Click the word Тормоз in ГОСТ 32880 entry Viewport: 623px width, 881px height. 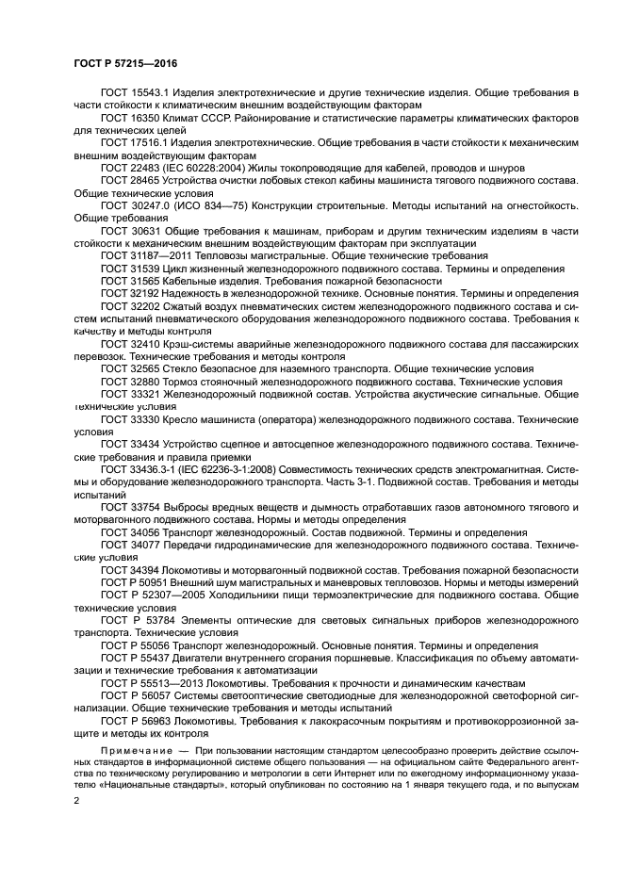coord(179,382)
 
